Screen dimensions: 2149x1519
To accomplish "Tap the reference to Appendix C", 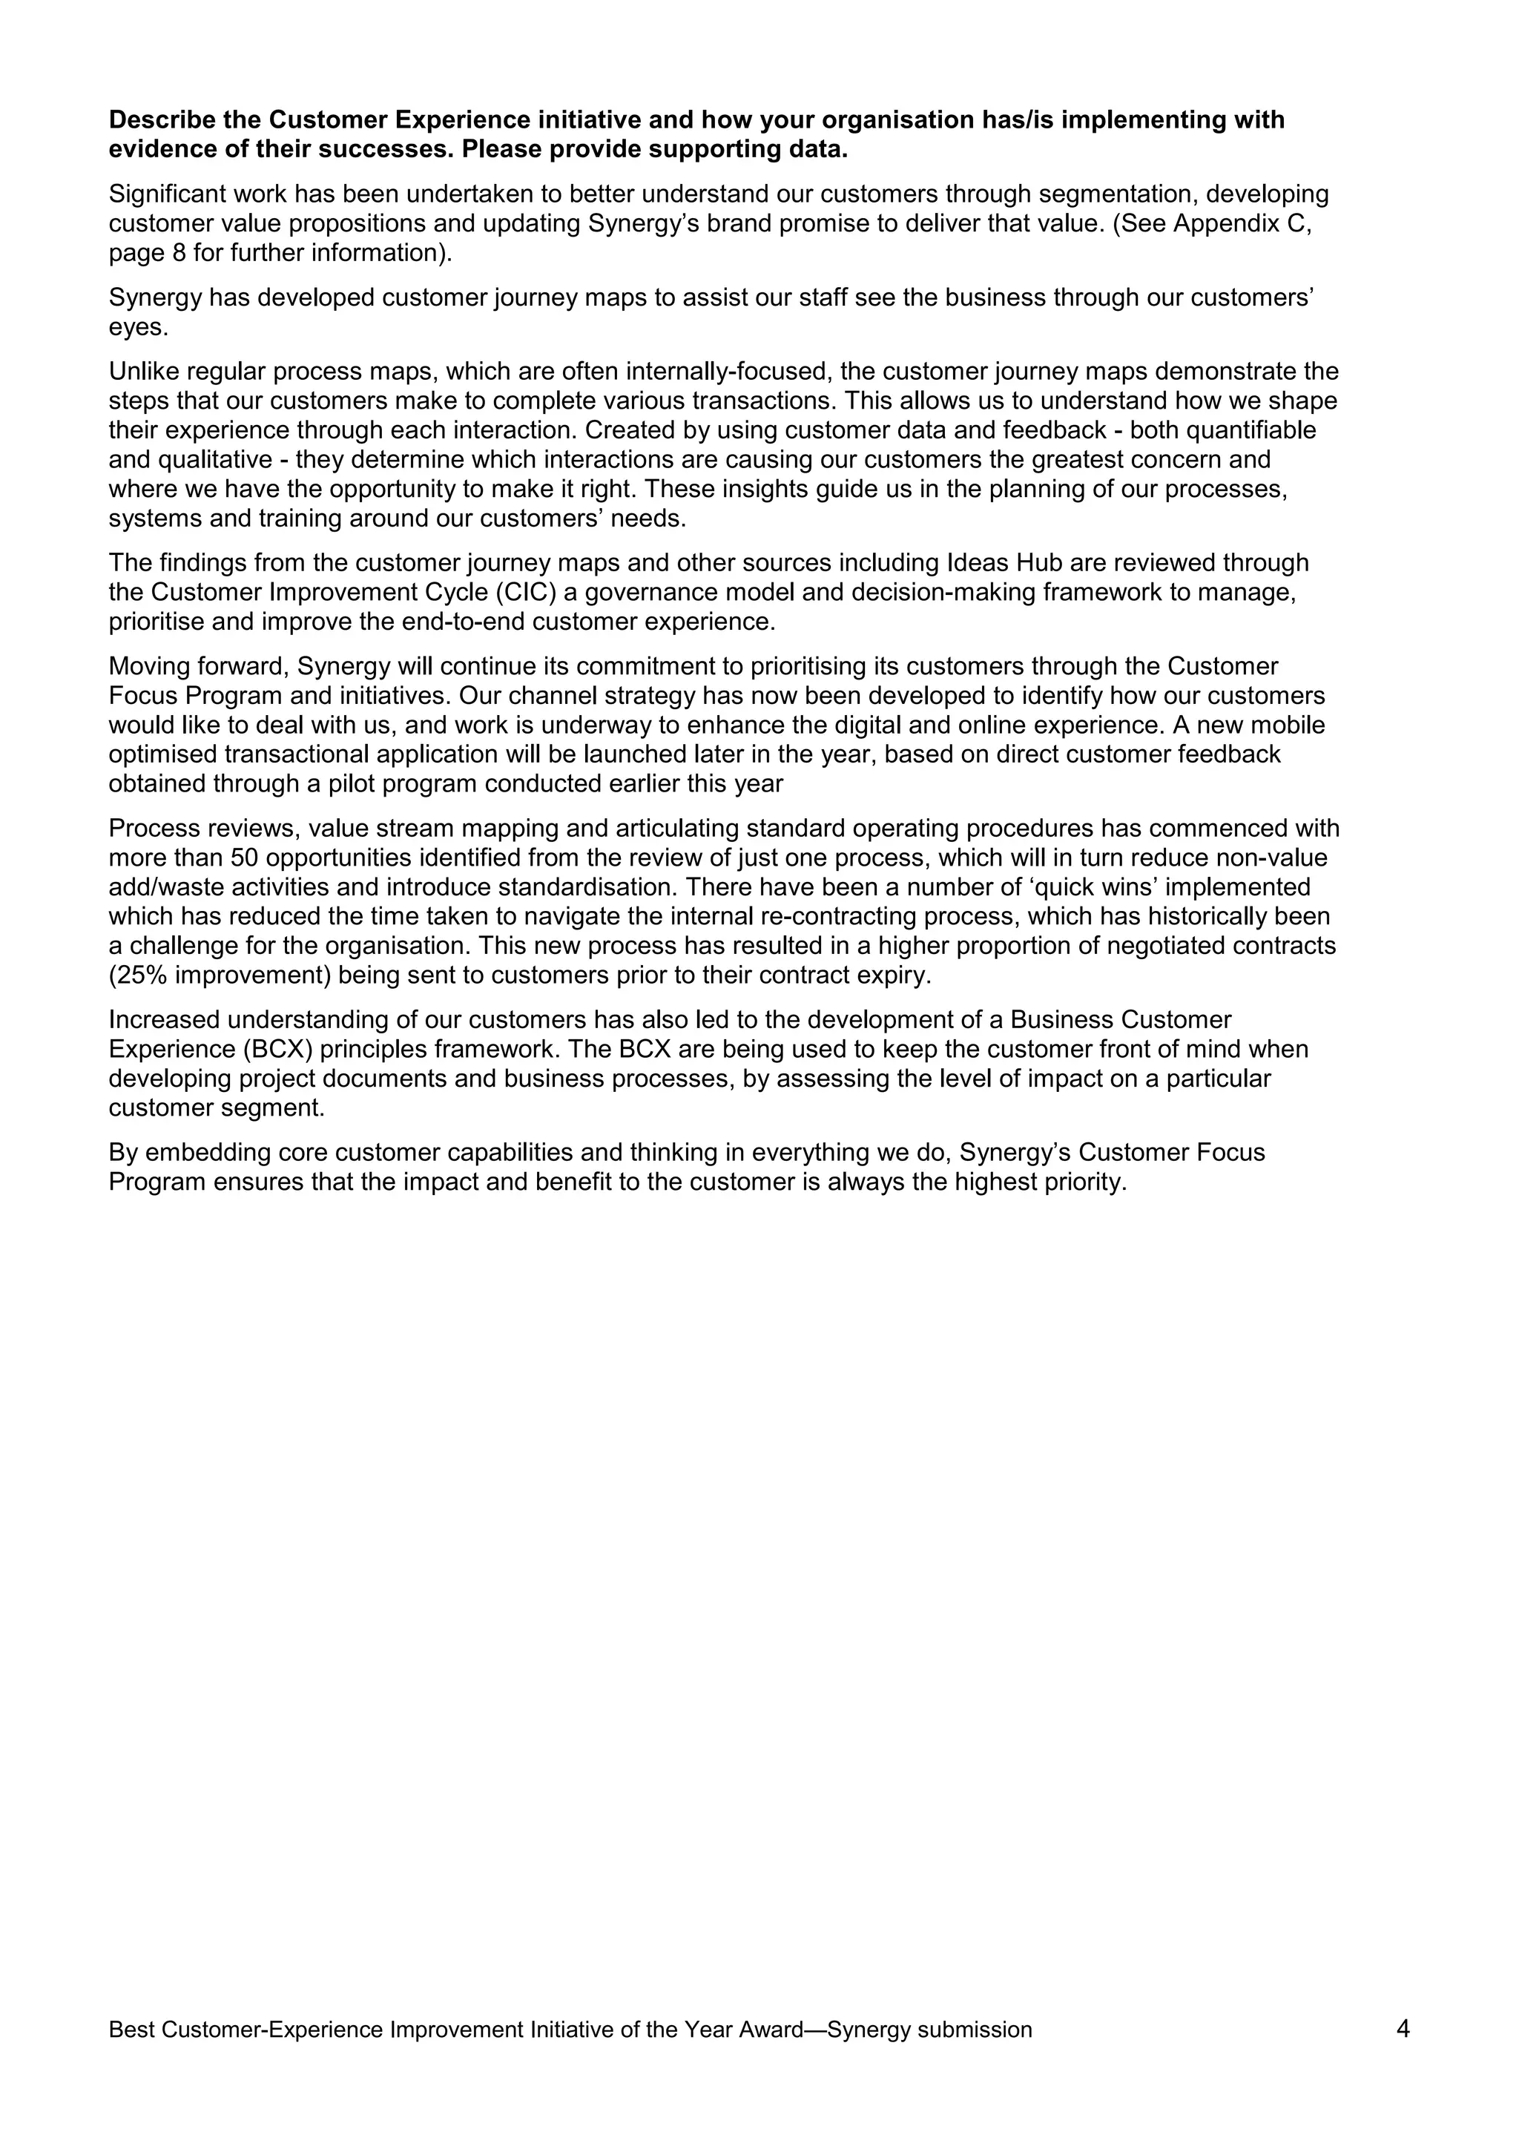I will point(1242,224).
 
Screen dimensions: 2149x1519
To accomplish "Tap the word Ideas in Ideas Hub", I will point(972,562).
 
